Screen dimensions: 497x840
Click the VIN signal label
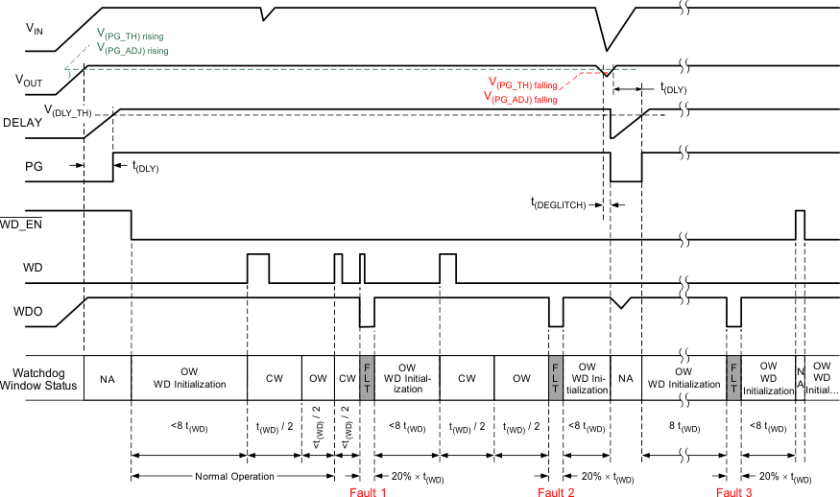coord(36,30)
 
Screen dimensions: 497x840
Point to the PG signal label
coord(34,165)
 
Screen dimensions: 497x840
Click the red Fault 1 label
coord(368,491)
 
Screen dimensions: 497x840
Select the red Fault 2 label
coord(556,491)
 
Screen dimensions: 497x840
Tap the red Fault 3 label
coord(735,491)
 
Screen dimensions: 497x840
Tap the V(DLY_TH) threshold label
coord(66,112)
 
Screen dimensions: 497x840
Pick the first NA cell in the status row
coord(108,379)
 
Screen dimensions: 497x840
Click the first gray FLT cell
coord(365,378)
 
